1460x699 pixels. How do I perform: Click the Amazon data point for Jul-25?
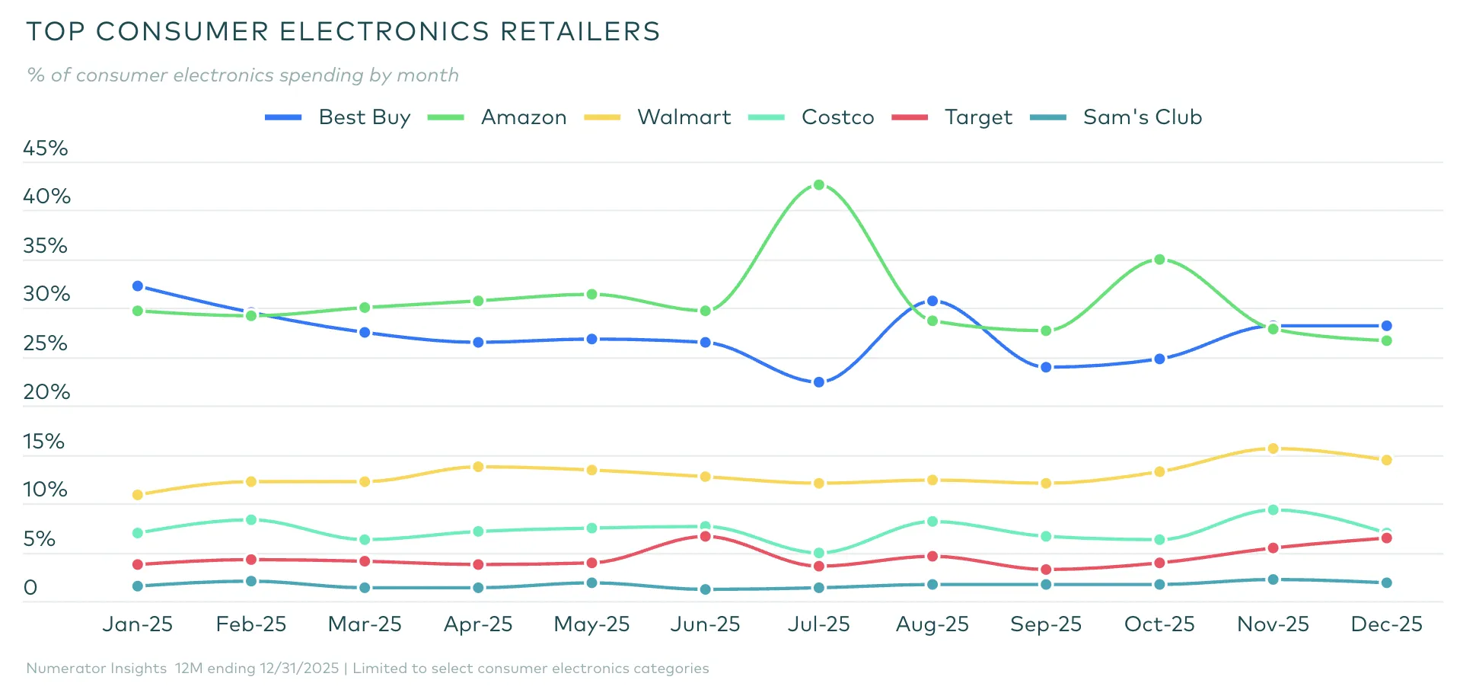point(819,185)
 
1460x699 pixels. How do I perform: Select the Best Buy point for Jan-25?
point(138,286)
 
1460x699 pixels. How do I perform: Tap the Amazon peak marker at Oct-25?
point(1159,260)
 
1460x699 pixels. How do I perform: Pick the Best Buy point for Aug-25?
point(932,302)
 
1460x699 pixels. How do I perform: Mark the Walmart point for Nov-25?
point(1273,448)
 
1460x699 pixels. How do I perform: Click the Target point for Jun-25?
point(706,537)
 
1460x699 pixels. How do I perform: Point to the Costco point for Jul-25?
point(819,554)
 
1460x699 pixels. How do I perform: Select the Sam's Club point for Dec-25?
point(1386,583)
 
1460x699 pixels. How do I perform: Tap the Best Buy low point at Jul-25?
point(819,382)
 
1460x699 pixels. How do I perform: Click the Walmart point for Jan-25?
point(138,495)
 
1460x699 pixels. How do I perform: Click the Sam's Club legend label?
point(1142,117)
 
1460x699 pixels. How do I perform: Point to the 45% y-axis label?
point(46,148)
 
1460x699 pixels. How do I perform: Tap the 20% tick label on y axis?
point(46,392)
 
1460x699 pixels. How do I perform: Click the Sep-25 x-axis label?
point(1046,624)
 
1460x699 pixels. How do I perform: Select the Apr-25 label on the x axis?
point(478,624)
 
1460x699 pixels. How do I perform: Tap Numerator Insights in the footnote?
point(97,669)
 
